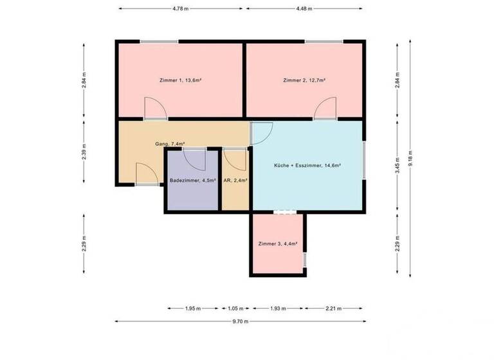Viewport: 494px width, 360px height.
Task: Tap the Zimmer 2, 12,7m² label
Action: (x=304, y=80)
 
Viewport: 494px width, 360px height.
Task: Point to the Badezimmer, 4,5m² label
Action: (x=193, y=181)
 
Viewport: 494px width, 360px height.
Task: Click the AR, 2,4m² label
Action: (x=235, y=181)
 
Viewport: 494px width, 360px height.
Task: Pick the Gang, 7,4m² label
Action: (x=170, y=144)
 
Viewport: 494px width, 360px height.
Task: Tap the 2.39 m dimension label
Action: (x=84, y=152)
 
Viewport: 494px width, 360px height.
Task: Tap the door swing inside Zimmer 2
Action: (x=325, y=109)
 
